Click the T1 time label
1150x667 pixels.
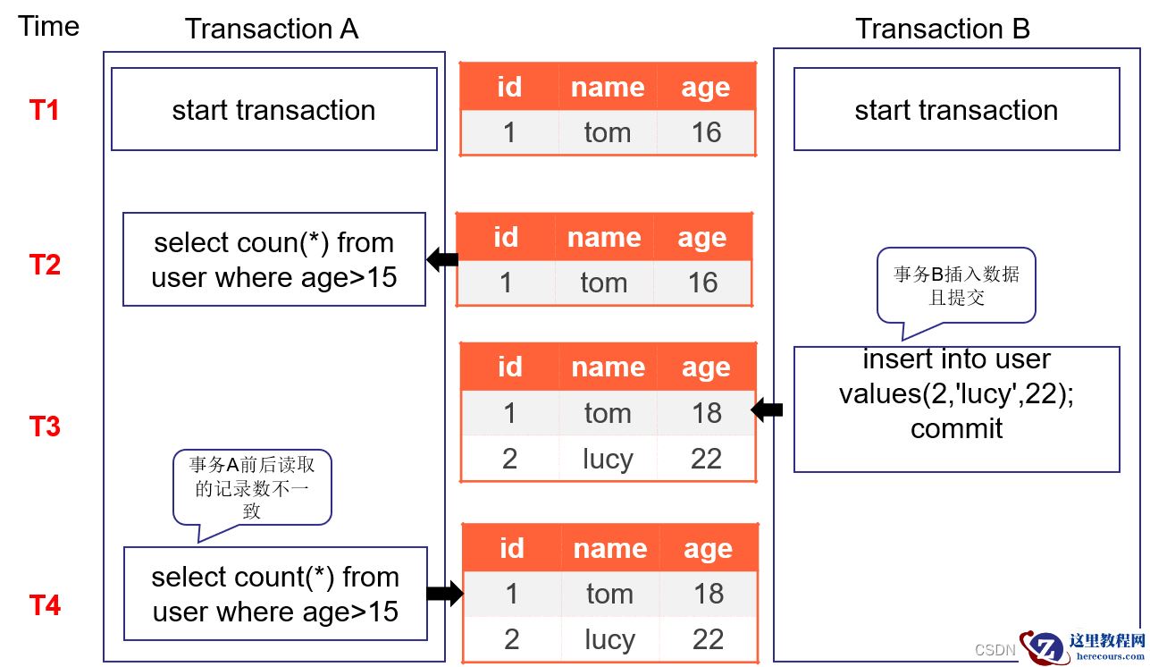44,110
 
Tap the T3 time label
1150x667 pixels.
45,426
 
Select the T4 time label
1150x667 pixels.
45,605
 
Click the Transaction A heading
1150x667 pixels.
272,29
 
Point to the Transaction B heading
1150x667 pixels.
943,29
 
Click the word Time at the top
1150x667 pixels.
49,26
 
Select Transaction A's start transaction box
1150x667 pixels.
274,109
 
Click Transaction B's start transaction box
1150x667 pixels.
956,109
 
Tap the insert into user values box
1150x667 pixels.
956,409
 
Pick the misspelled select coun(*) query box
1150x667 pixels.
274,259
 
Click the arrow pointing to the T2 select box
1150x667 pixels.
442,259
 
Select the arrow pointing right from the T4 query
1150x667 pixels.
445,594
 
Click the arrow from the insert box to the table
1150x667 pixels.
767,409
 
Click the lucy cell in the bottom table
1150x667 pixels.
610,640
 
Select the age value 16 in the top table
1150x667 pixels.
707,132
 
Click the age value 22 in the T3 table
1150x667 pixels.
707,459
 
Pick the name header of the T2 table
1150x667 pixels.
604,238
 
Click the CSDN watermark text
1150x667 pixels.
995,650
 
